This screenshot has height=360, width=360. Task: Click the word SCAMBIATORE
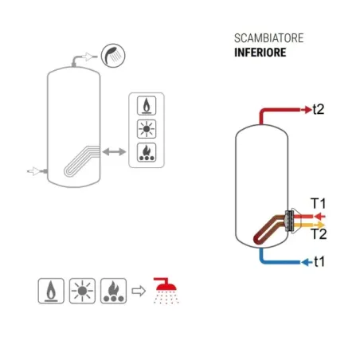click(x=258, y=39)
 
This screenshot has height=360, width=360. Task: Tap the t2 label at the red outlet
click(x=318, y=109)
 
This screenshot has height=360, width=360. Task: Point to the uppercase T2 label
click(x=318, y=234)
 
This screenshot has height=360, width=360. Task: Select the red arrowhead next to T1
click(x=316, y=215)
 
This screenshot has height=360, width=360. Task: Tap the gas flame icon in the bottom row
click(x=50, y=292)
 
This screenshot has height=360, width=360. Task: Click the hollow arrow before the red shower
click(x=138, y=292)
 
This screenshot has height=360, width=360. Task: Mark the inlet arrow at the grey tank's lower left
click(x=34, y=170)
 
